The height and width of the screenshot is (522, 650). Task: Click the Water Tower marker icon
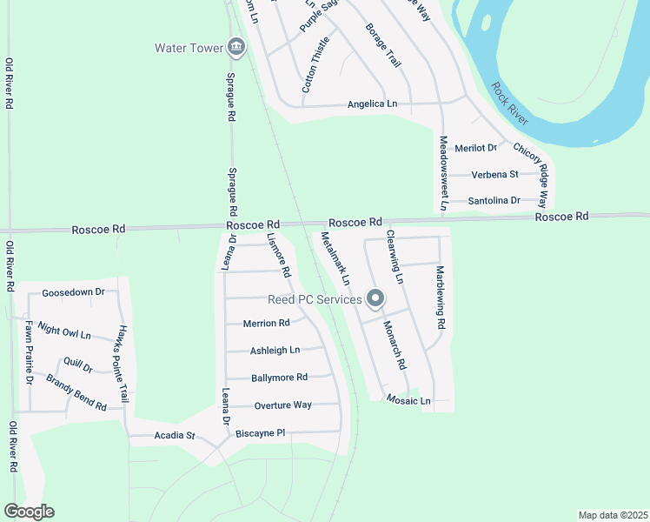pos(235,48)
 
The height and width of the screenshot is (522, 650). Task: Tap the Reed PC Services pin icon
pos(375,299)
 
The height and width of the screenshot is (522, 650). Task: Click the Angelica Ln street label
pos(372,104)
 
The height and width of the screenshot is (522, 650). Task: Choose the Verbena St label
pos(494,174)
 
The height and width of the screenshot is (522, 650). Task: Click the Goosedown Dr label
pos(73,293)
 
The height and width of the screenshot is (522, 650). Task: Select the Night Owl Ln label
pos(65,332)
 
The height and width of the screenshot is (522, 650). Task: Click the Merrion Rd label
pos(267,323)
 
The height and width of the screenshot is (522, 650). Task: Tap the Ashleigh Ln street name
pos(275,351)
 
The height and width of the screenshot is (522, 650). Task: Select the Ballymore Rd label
pos(279,378)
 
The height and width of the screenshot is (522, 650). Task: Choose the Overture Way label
pos(282,405)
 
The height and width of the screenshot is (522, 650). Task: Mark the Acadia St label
pos(175,435)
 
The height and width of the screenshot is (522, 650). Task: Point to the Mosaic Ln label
pos(408,401)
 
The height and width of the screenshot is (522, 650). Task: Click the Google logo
pos(29,512)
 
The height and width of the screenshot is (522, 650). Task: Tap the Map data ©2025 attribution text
pos(613,514)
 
